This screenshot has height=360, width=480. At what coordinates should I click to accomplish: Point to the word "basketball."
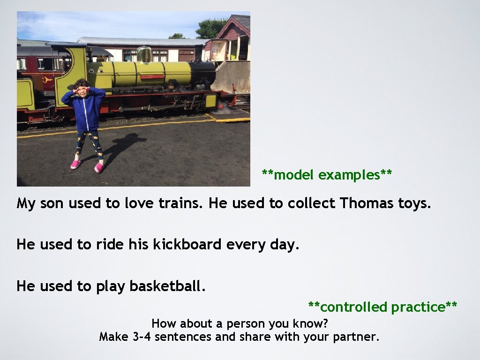click(167, 286)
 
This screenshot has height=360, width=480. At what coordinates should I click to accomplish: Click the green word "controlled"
click(354, 307)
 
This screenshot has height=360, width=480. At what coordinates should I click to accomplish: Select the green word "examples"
click(349, 175)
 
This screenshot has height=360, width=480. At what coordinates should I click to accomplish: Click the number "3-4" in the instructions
click(142, 337)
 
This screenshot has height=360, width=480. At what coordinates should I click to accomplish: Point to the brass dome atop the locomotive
click(144, 54)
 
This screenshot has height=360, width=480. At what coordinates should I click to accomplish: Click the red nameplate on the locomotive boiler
click(152, 76)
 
